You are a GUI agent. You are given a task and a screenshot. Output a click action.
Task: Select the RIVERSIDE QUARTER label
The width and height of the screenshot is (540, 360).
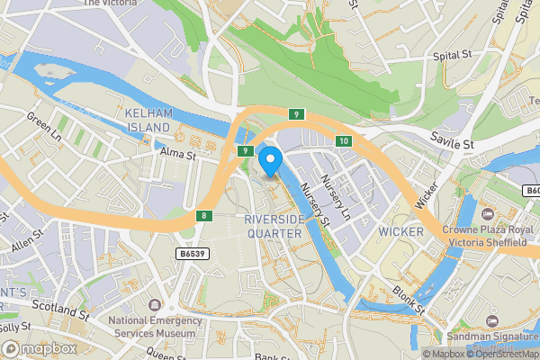click(x=276, y=226)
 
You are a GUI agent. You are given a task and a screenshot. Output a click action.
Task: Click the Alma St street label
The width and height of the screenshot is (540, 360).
click(x=178, y=155)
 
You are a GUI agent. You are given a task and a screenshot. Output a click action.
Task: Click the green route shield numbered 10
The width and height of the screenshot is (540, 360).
click(x=344, y=141)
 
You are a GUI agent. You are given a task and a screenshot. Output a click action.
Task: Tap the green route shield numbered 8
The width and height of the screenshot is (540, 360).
click(x=205, y=215)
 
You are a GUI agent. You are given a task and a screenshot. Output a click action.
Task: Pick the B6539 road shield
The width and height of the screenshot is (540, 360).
click(x=189, y=255)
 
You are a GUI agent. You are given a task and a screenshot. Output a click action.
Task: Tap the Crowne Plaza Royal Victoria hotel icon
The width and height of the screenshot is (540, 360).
click(x=487, y=213)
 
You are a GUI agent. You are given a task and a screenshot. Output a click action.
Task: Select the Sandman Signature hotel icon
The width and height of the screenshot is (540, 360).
click(x=492, y=320)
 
